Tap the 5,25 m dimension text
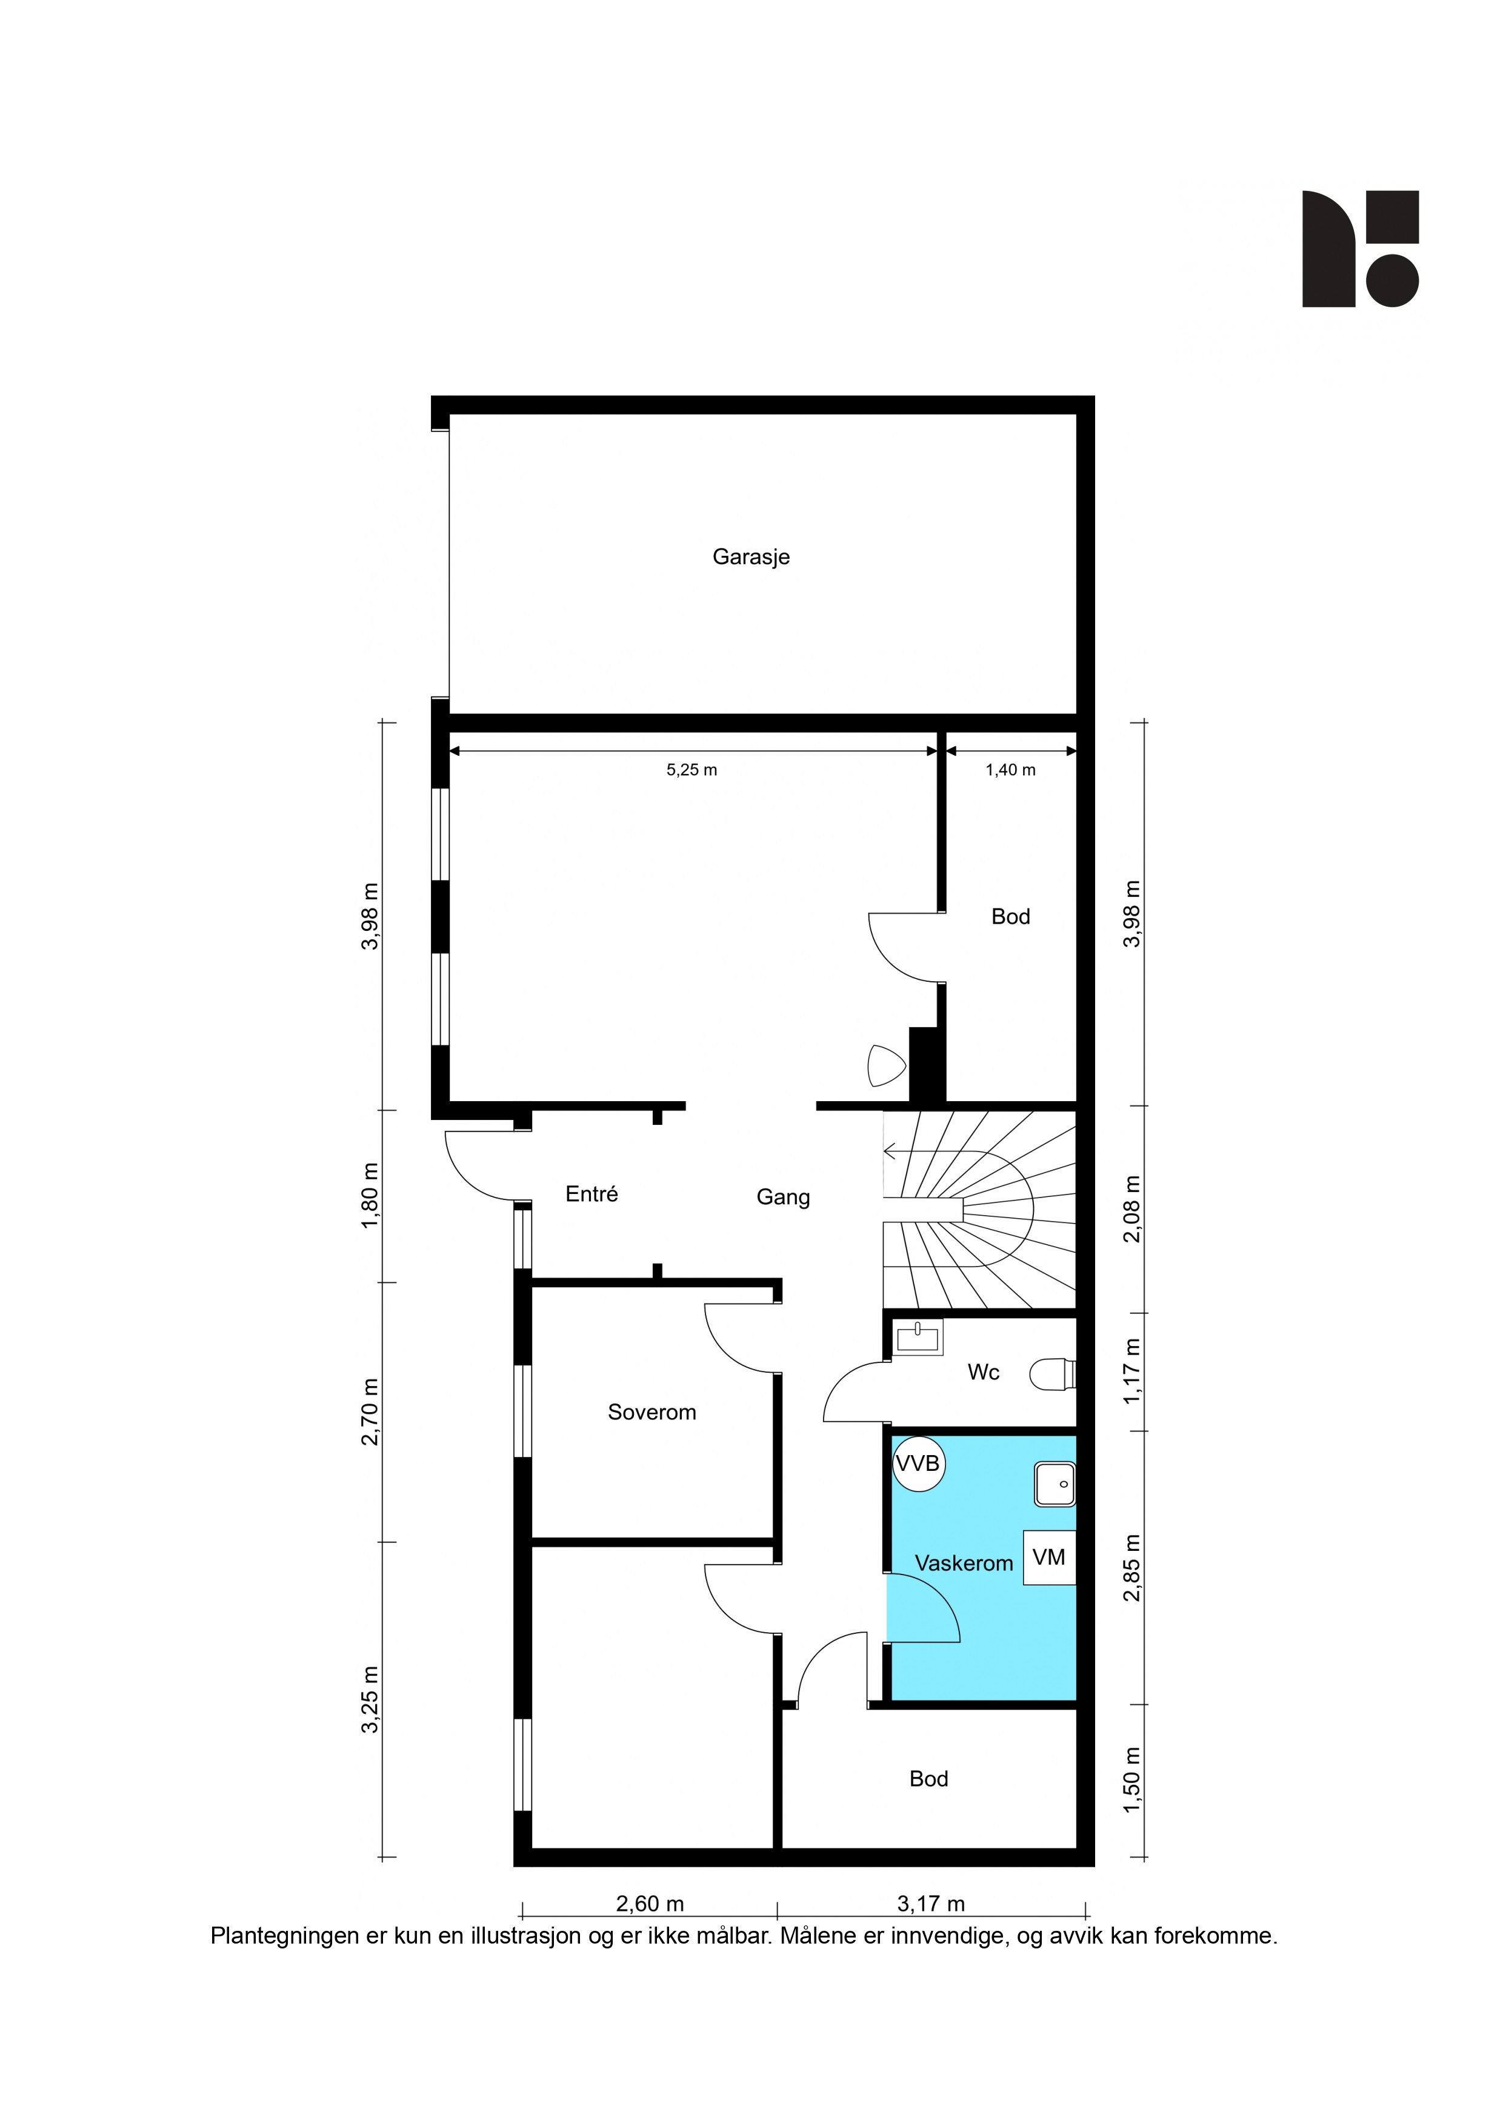692,770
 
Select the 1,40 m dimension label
1010,770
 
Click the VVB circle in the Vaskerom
918,1464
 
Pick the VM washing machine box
1049,1558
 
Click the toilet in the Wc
1053,1374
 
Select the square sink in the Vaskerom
1055,1484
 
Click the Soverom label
652,1412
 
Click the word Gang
784,1198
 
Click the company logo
1361,249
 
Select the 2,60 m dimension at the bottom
650,1904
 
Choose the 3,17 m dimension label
931,1904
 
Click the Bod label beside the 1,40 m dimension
1010,917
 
